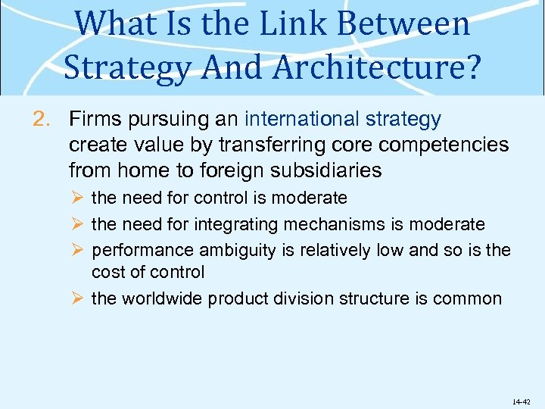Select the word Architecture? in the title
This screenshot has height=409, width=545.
point(377,67)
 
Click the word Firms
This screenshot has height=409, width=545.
point(92,120)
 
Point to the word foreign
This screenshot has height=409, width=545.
point(230,170)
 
